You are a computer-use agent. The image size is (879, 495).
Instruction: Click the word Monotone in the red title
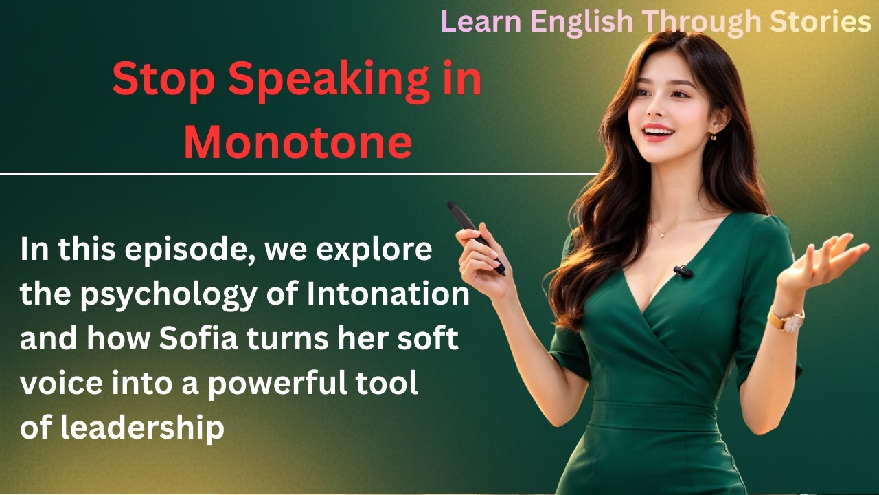(x=297, y=143)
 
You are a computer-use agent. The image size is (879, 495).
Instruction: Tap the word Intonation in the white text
(x=387, y=295)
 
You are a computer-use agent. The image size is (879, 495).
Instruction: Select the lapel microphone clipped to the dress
(x=683, y=272)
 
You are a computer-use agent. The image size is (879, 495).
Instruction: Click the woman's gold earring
(x=713, y=135)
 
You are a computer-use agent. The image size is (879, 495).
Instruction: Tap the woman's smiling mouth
(x=657, y=131)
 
